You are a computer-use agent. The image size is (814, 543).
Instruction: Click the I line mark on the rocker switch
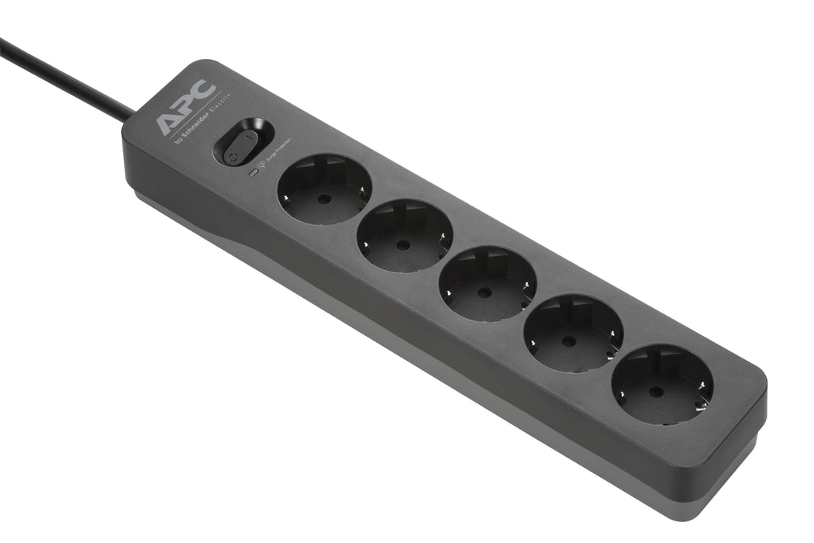coord(248,137)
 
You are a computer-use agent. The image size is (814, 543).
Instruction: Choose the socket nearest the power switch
coord(324,189)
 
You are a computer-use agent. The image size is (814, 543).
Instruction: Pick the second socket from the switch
coord(405,235)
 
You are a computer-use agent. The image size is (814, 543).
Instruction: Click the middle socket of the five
coord(487,283)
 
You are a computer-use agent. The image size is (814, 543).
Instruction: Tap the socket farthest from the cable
coord(662,384)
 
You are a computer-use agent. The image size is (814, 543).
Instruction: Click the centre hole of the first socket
coord(324,199)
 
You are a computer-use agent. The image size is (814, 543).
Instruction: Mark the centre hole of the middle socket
coord(485,292)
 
